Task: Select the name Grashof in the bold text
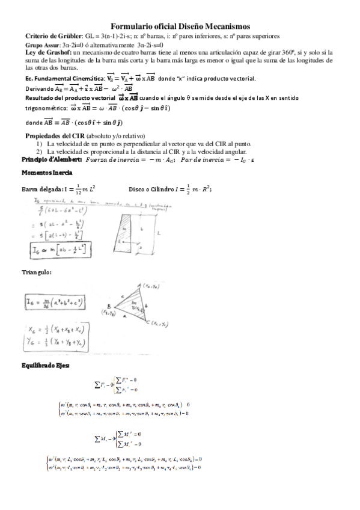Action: pyautogui.click(x=49, y=52)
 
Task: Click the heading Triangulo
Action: pyautogui.click(x=35, y=272)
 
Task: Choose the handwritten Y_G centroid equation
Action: pyautogui.click(x=59, y=343)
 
